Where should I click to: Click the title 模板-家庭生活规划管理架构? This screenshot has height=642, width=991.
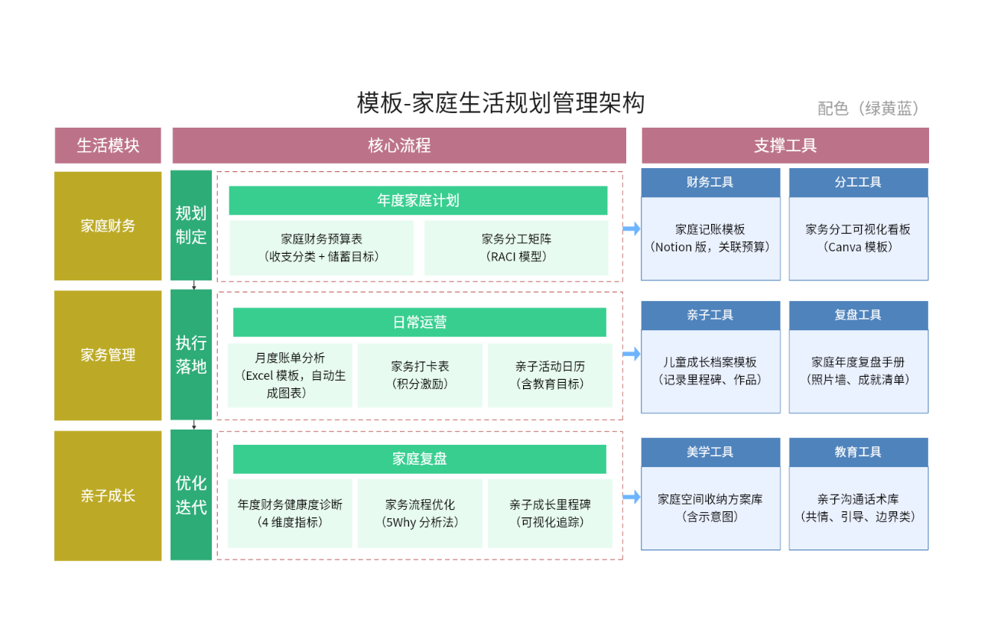(x=501, y=103)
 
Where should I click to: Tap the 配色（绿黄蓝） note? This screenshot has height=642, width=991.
(x=869, y=109)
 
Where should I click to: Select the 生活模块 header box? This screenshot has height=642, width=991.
(x=108, y=145)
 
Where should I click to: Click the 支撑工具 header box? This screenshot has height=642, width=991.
(x=785, y=145)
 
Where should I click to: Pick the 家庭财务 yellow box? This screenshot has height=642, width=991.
(x=108, y=225)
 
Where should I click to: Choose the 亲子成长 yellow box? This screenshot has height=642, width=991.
(x=108, y=495)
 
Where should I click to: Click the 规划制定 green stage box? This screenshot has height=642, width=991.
(x=191, y=225)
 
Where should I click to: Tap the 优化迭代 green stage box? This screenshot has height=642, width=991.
(x=191, y=494)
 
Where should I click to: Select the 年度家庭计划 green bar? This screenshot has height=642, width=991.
(x=418, y=200)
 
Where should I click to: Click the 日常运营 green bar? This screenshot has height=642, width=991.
(x=419, y=322)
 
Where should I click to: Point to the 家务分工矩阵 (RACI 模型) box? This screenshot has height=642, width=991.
(x=516, y=248)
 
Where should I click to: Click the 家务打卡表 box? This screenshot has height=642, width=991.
(x=420, y=375)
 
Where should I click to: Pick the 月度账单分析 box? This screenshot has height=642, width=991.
(x=290, y=375)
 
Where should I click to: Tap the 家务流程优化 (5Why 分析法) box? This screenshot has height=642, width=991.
(x=420, y=514)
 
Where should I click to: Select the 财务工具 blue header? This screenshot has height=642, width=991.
(x=710, y=182)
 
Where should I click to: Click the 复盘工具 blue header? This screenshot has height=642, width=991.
(x=858, y=315)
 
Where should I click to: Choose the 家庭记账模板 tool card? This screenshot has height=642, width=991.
(x=710, y=238)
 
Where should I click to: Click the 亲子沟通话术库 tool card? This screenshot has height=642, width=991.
(x=858, y=507)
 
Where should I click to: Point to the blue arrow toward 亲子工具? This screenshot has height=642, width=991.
(x=632, y=354)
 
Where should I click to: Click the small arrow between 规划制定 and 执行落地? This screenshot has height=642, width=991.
(x=194, y=285)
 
